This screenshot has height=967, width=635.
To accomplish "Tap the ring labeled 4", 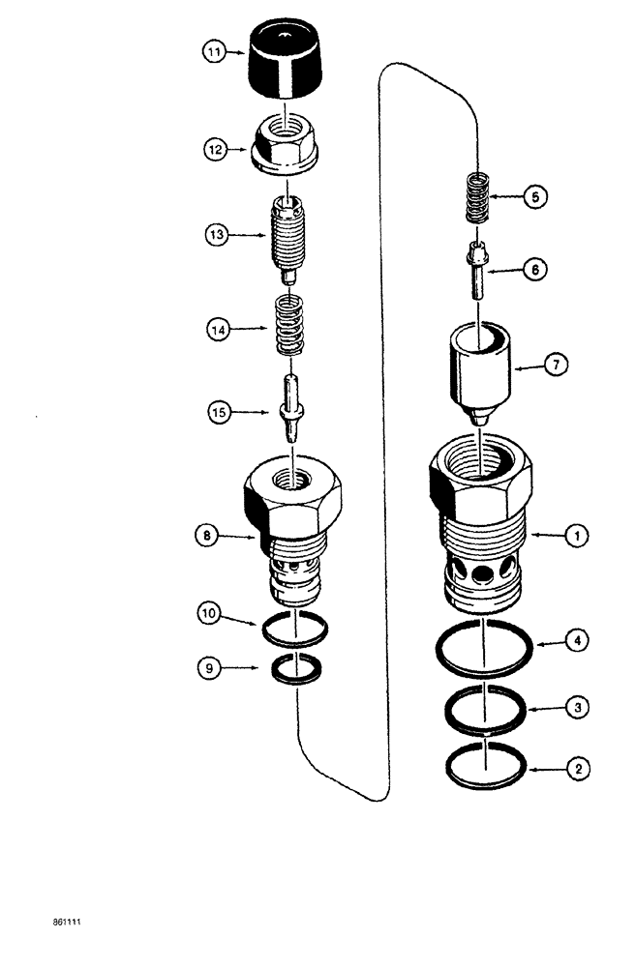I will point(481,650).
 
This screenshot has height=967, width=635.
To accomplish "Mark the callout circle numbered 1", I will point(575,534).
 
